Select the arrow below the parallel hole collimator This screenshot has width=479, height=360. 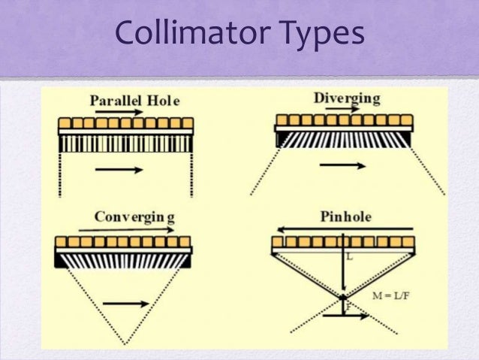click(119, 170)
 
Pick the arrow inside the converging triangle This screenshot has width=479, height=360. click(123, 304)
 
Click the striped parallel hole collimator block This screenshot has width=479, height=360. click(125, 144)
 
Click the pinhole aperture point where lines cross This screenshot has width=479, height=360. click(343, 298)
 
